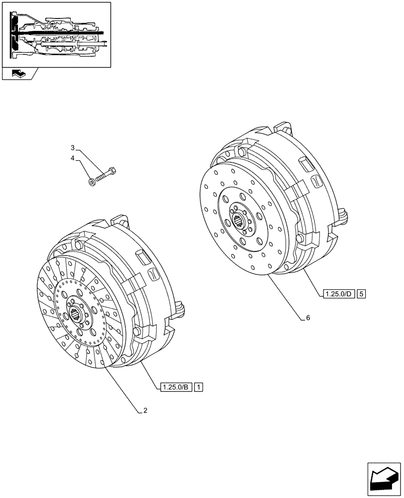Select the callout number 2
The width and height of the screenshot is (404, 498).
point(145,411)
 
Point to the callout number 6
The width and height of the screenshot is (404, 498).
point(308,317)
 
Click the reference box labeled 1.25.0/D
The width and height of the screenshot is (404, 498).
point(338,293)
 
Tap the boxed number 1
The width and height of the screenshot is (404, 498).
point(199,387)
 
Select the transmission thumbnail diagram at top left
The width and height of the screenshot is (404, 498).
point(56,34)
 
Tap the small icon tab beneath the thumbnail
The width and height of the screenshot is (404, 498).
point(19,74)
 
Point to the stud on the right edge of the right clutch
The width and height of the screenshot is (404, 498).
point(344,215)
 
